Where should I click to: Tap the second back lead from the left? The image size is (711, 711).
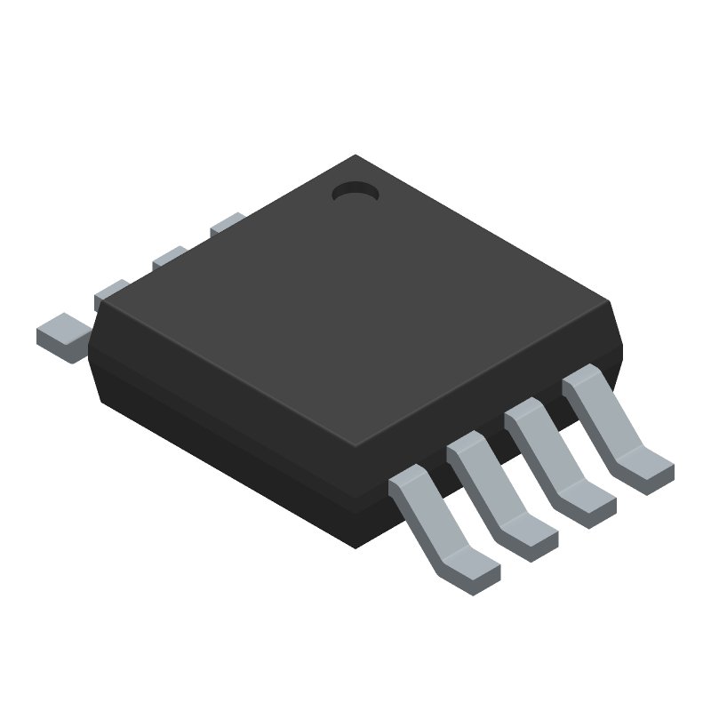(112, 291)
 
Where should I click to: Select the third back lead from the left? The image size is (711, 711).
(169, 257)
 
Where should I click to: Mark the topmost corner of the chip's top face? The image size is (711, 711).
(355, 156)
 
